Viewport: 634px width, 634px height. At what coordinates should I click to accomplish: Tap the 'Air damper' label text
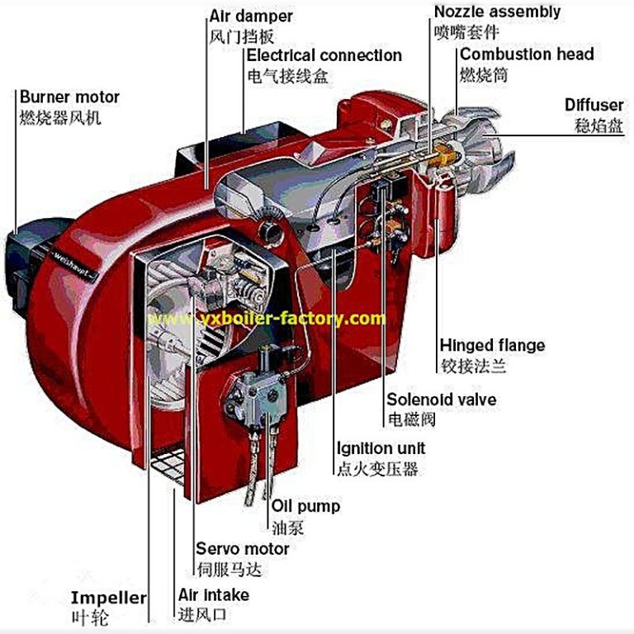(x=252, y=16)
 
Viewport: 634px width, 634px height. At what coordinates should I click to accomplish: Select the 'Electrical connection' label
(x=324, y=56)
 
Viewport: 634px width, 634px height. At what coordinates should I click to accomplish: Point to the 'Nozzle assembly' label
(x=497, y=12)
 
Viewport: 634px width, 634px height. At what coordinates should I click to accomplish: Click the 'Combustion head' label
(x=527, y=54)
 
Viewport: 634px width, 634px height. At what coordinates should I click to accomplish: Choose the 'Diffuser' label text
(x=594, y=106)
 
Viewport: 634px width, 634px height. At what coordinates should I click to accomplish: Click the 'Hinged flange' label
(x=492, y=345)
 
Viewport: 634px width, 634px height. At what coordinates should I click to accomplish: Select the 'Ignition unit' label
(x=381, y=448)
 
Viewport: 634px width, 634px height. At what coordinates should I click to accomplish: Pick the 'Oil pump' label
(x=305, y=506)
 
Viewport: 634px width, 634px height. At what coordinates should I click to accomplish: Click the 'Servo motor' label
(x=242, y=549)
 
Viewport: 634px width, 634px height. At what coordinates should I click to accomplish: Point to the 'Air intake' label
(x=213, y=594)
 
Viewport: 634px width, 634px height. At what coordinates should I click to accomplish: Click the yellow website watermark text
(x=266, y=319)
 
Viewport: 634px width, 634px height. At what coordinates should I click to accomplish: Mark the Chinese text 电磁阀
(x=410, y=420)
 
